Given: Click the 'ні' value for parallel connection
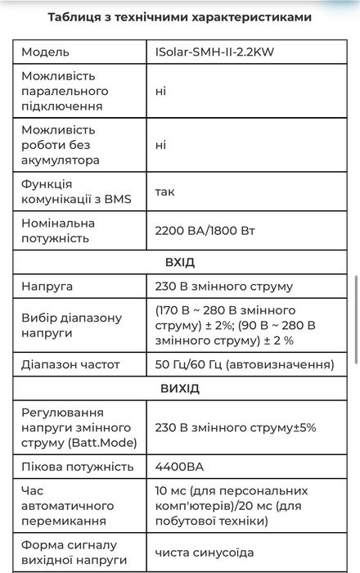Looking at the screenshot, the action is coord(160,91).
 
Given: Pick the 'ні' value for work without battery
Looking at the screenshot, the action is coord(160,145).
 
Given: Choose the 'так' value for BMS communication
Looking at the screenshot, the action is coord(164,192).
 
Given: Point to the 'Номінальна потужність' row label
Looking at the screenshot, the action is coord(70,230).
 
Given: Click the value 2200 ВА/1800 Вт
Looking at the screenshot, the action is coord(205,230).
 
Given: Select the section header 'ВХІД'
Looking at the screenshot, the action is coord(179,263).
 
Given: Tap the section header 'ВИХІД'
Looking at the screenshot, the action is coord(179,388).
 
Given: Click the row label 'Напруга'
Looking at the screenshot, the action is coord(47,287).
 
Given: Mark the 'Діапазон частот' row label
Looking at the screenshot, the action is coord(71,363).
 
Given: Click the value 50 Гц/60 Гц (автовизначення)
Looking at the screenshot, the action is coord(244,363).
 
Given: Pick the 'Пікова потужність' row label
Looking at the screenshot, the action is coord(78,467).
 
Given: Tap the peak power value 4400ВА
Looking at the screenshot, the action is coord(179,467).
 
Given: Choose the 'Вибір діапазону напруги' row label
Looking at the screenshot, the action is coord(71,325).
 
